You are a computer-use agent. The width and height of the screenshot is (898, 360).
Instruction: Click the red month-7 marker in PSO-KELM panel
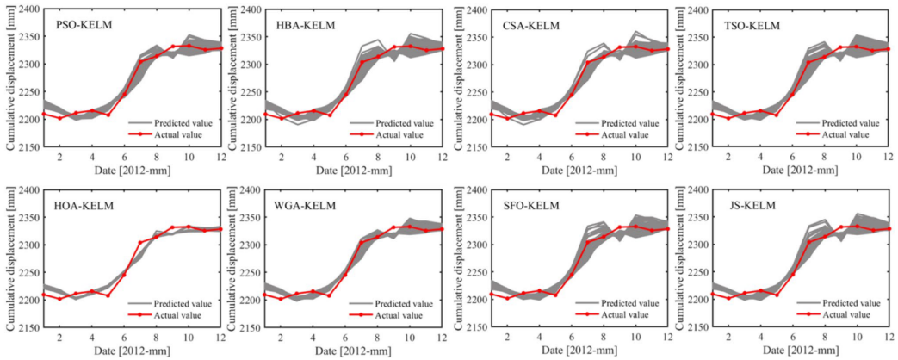click(x=140, y=62)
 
